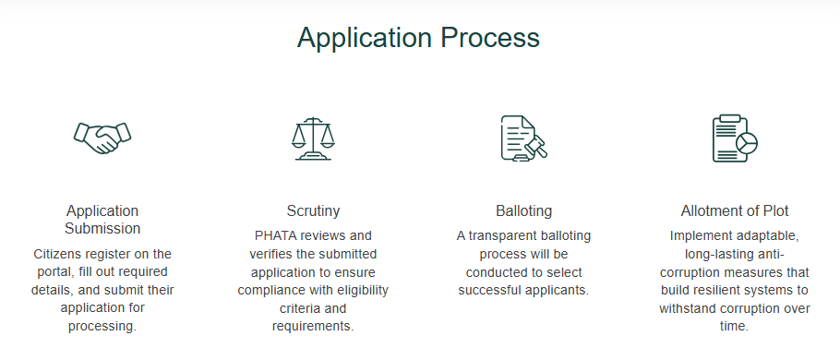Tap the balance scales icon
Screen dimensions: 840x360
pyautogui.click(x=313, y=138)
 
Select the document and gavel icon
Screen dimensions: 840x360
pyautogui.click(x=523, y=138)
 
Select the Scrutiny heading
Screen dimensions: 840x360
pyautogui.click(x=313, y=210)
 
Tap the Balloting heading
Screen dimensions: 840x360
pyautogui.click(x=523, y=210)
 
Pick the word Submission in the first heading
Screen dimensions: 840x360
pyautogui.click(x=102, y=228)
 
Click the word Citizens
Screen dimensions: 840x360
pyautogui.click(x=59, y=253)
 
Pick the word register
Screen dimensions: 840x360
pyautogui.click(x=114, y=253)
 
